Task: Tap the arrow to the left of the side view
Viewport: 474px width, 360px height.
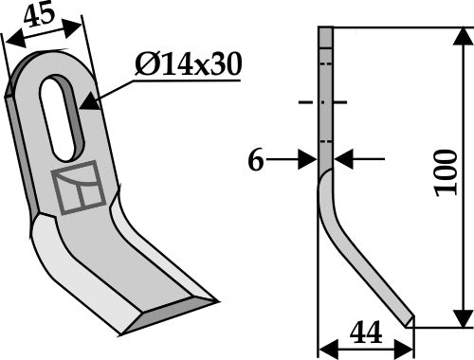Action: (305, 161)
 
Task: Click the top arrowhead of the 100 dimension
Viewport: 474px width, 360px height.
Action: (463, 34)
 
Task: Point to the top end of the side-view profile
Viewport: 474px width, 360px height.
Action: (324, 31)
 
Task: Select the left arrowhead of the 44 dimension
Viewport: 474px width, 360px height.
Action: (322, 346)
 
